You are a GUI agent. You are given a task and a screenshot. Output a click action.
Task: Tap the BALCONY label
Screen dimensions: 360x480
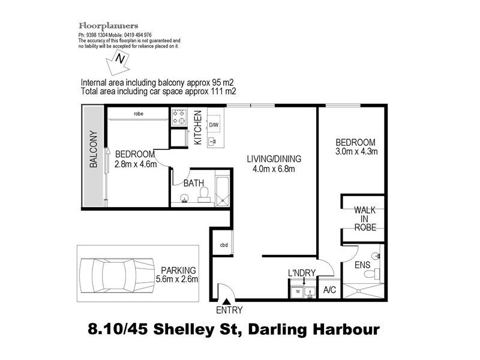tap(94, 149)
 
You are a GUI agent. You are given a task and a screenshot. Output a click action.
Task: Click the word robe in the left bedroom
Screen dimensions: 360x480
tap(139, 113)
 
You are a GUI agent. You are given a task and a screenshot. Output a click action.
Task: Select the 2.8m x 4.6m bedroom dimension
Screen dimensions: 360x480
tap(136, 163)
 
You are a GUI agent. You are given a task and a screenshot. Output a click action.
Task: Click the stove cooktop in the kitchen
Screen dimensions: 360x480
tap(179, 116)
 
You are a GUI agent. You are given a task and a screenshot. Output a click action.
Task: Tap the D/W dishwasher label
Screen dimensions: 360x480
tap(213, 125)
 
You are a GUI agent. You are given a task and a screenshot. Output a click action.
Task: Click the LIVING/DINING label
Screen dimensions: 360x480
tap(274, 159)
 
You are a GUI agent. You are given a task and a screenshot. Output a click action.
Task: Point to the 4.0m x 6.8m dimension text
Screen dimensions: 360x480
tap(274, 169)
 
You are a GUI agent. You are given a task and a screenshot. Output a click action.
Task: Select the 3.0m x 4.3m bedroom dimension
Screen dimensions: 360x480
tap(356, 152)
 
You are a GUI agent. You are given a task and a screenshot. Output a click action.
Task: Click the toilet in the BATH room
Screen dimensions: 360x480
tap(204, 193)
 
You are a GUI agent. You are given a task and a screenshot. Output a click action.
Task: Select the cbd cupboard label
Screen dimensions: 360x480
tap(223, 245)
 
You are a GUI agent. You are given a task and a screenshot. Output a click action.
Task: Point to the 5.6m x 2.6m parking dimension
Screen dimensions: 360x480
tap(176, 279)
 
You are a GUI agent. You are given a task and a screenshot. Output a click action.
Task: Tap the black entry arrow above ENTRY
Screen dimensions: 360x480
tap(226, 303)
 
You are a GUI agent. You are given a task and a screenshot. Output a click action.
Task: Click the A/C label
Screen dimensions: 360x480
tap(329, 290)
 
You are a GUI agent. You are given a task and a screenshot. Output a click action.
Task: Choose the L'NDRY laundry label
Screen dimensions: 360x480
tap(302, 274)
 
